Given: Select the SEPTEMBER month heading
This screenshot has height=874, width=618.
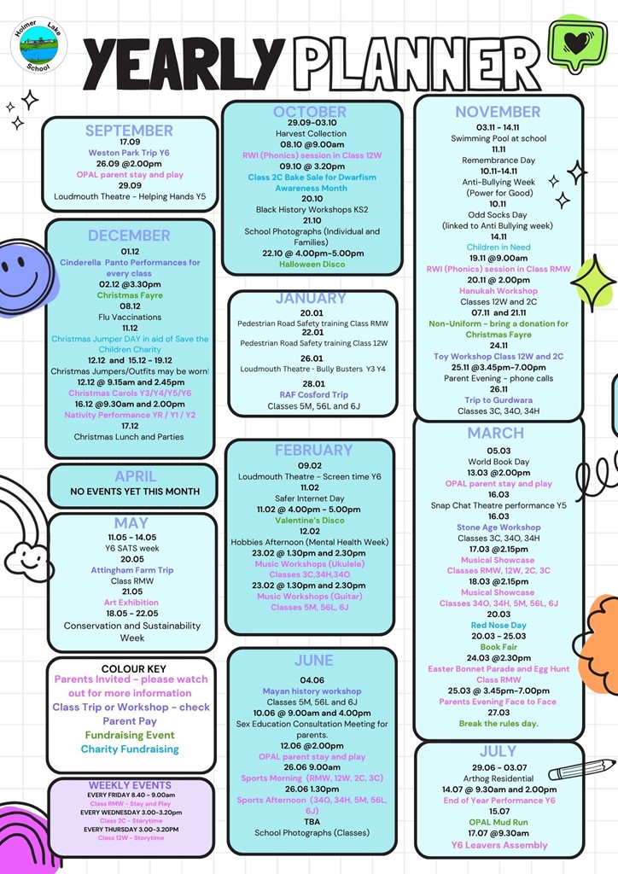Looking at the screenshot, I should coord(129,131).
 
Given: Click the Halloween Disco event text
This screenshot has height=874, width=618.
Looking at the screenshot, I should coord(312,265).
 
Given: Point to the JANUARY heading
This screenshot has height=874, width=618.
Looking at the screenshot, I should coord(311,299).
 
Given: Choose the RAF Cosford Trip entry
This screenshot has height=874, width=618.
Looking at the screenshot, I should coord(313,394).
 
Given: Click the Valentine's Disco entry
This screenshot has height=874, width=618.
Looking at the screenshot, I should coord(309,520).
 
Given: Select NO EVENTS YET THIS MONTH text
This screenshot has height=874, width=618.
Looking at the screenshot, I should coord(135,492).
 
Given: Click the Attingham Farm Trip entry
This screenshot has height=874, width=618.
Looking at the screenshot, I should coord(132,570).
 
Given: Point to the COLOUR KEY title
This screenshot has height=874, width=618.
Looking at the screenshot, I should coord(133,668).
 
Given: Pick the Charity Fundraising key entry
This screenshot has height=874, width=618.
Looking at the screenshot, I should coord(130,749).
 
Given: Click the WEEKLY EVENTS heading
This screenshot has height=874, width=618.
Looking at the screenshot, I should coord(130,785).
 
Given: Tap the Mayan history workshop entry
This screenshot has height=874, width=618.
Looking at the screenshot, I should coord(312,691).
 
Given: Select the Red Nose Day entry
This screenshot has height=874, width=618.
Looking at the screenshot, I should coord(498,626).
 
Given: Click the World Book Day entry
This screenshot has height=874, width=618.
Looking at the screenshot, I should coord(498,462).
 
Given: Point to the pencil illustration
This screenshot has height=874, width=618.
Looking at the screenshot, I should coord(581,769).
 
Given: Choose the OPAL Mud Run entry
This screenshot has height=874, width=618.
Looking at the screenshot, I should coord(498,822).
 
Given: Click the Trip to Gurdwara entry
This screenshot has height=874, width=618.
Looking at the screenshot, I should coord(498,400).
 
